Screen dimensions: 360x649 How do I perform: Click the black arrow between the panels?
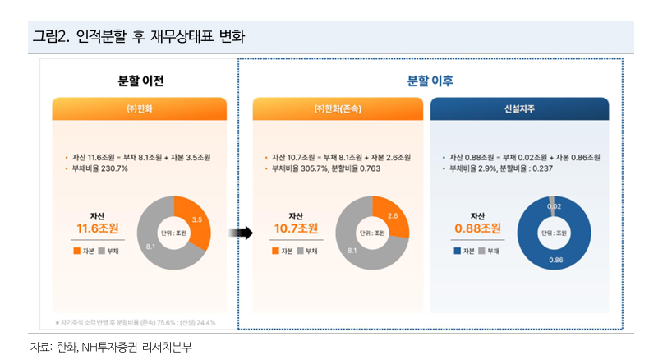(241, 233)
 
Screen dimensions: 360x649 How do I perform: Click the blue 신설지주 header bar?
(519, 108)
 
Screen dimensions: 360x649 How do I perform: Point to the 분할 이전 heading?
(141, 81)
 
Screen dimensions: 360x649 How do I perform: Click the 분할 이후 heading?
(430, 81)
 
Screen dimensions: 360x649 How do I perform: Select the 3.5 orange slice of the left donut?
(196, 220)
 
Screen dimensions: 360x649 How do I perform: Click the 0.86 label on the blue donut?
(556, 260)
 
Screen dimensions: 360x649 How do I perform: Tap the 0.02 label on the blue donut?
(555, 206)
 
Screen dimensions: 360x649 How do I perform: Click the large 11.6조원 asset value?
(98, 228)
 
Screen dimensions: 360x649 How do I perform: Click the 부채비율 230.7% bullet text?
(99, 168)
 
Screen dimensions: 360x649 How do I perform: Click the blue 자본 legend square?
(458, 250)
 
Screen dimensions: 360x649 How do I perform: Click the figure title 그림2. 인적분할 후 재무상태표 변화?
(138, 37)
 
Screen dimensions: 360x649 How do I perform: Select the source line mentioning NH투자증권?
(111, 346)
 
